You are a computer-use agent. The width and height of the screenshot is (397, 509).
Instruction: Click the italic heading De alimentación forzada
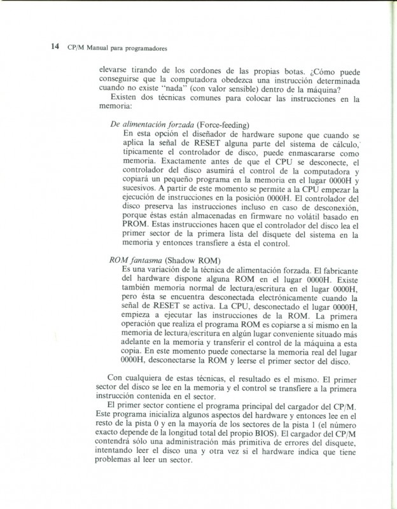pos(153,124)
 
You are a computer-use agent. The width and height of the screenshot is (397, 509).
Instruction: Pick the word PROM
pos(136,223)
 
